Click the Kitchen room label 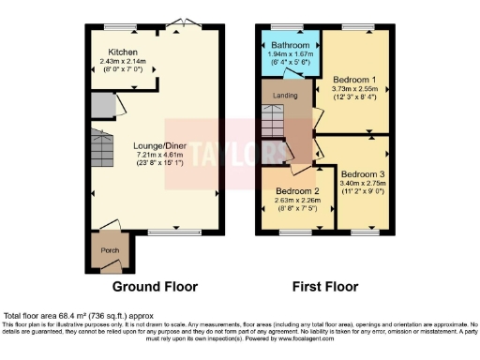point(122,52)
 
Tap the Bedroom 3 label point(362,174)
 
